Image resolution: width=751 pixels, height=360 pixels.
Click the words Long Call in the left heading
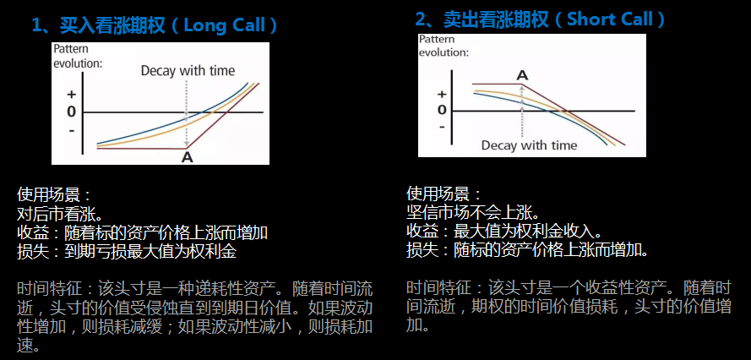[x=225, y=25]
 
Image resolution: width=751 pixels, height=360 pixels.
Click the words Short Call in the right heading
[x=610, y=19]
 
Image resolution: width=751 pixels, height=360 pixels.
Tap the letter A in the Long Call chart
[x=188, y=156]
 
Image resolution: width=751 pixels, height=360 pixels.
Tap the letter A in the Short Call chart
[x=523, y=75]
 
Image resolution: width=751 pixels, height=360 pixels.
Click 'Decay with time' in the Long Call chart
[x=188, y=71]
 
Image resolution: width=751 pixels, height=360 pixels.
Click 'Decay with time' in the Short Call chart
[x=529, y=145]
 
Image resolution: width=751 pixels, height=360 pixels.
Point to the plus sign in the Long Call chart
[x=71, y=95]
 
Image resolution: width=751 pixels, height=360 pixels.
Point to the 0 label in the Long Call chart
[x=71, y=112]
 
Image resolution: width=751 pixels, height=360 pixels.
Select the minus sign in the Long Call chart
[x=72, y=129]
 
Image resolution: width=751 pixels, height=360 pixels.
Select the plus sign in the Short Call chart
[x=442, y=94]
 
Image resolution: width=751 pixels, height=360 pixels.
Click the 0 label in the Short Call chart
[x=442, y=110]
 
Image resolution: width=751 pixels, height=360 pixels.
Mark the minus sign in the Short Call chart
[x=442, y=127]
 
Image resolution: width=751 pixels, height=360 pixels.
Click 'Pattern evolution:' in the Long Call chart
[x=78, y=56]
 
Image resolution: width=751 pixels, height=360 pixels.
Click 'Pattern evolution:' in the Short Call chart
[x=444, y=46]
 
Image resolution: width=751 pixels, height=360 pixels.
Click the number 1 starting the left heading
[x=37, y=26]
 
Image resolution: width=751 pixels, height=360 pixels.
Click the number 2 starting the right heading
[x=420, y=20]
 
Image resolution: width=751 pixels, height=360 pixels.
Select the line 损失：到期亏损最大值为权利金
[x=127, y=252]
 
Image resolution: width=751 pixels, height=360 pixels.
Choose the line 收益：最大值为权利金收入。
[x=503, y=231]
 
